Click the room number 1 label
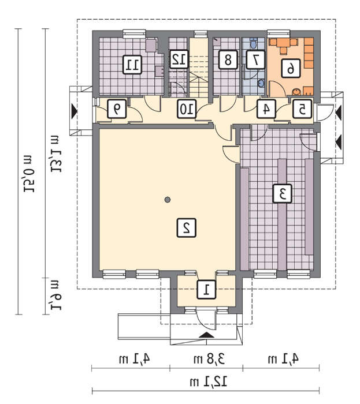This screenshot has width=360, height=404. [x=206, y=289]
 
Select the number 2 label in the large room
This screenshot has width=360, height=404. [x=186, y=227]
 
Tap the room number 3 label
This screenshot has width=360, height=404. [x=283, y=193]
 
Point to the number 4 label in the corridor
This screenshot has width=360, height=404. [x=266, y=109]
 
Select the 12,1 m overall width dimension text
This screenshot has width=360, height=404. [x=209, y=381]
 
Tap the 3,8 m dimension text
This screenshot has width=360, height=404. [x=209, y=358]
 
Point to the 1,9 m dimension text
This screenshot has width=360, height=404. [x=55, y=295]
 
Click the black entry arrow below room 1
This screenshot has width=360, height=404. [x=206, y=335]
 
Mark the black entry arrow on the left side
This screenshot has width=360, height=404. [x=75, y=111]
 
